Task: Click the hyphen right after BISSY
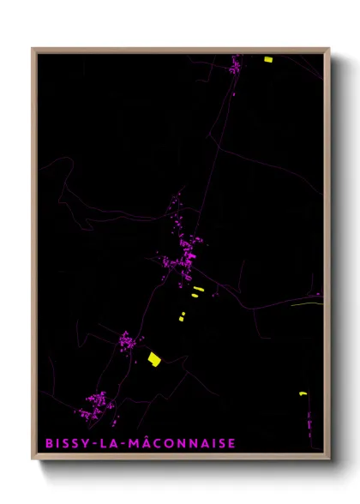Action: click(x=93, y=444)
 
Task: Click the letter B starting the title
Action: click(x=48, y=443)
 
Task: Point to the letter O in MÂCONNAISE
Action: click(x=171, y=443)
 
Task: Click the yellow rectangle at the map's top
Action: click(x=267, y=59)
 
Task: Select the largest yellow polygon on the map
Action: click(x=154, y=358)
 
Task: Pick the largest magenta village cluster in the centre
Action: click(x=183, y=254)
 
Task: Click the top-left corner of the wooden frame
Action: click(x=33, y=49)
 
